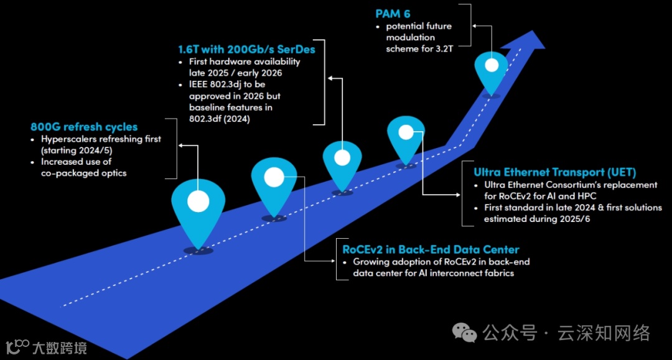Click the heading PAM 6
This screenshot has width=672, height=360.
pos(393,13)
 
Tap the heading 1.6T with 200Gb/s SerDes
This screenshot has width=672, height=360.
pos(247,49)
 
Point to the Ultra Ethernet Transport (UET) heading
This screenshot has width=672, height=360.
pos(555,172)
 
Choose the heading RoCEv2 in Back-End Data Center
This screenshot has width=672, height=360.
pos(431,249)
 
